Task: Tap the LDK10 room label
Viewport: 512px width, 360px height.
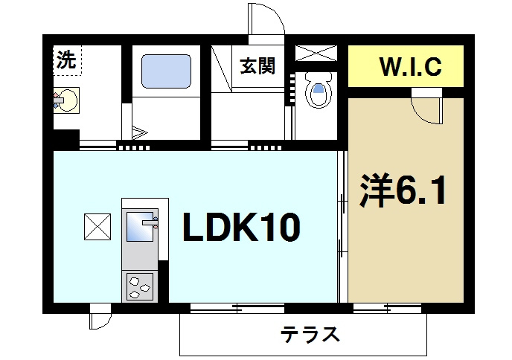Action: pyautogui.click(x=240, y=227)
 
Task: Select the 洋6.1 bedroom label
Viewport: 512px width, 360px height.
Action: pyautogui.click(x=405, y=193)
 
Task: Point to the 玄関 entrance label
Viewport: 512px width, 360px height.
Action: pyautogui.click(x=257, y=66)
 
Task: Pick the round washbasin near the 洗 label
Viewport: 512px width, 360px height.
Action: pyautogui.click(x=68, y=100)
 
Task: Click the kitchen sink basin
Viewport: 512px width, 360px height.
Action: pyautogui.click(x=141, y=226)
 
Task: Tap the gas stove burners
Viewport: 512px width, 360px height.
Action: pyautogui.click(x=140, y=285)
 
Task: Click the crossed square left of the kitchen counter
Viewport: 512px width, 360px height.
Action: pyautogui.click(x=97, y=226)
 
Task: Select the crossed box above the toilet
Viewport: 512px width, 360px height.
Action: pyautogui.click(x=316, y=52)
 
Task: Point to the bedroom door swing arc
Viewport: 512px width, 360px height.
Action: pyautogui.click(x=428, y=112)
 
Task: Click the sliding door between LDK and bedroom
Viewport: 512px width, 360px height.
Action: pyautogui.click(x=342, y=223)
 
